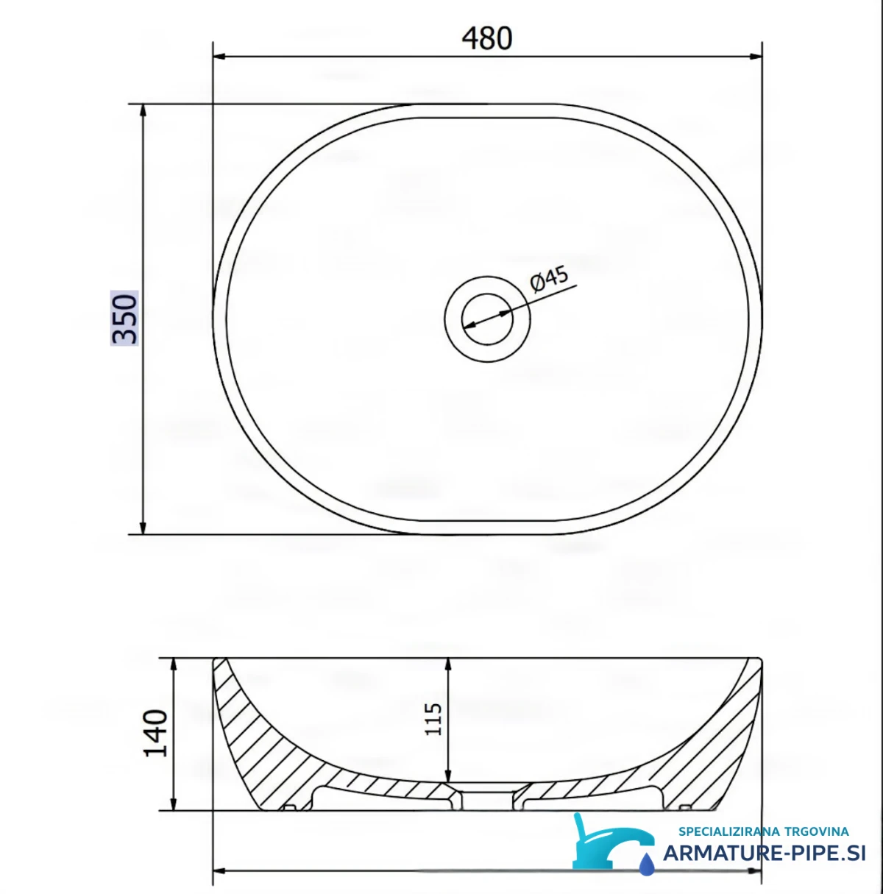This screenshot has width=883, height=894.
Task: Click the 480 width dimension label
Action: (486, 38)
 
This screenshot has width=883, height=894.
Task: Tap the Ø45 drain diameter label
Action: (550, 279)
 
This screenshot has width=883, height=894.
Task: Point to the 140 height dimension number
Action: (155, 733)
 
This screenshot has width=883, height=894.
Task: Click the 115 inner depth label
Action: (433, 719)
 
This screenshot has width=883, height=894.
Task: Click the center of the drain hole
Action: (487, 319)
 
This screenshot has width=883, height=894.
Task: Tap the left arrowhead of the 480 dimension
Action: (219, 57)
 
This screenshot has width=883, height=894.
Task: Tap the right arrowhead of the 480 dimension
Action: (756, 57)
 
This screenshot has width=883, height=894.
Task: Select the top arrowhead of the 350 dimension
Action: (143, 110)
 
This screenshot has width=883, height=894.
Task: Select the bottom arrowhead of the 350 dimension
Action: (143, 528)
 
